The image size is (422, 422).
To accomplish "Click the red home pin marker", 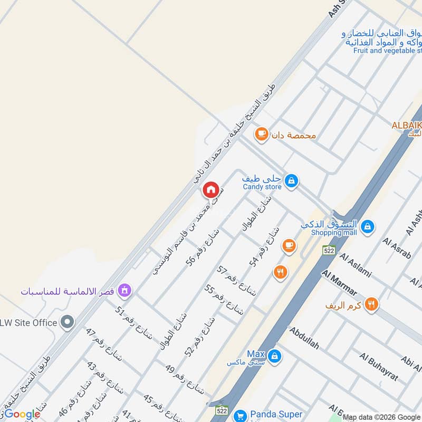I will click(210, 190).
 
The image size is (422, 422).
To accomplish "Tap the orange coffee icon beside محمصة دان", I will click(261, 135).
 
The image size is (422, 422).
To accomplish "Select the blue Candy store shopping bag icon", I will click(291, 181).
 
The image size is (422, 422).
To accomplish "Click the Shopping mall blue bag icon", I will click(368, 227).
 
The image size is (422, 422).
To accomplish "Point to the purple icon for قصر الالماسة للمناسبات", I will click(124, 290).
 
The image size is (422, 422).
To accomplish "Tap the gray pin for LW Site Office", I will click(67, 322).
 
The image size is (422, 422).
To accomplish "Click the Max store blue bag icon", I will click(274, 357).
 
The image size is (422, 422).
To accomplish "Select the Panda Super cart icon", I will click(240, 415).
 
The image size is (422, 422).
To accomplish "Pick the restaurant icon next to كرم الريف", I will click(372, 304).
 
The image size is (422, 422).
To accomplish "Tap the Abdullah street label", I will click(304, 338).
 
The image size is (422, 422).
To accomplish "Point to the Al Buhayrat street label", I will click(379, 368).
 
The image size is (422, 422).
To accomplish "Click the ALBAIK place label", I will click(406, 125).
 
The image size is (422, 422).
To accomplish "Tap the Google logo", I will click(22, 414).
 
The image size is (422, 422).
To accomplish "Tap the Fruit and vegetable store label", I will click(388, 51).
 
